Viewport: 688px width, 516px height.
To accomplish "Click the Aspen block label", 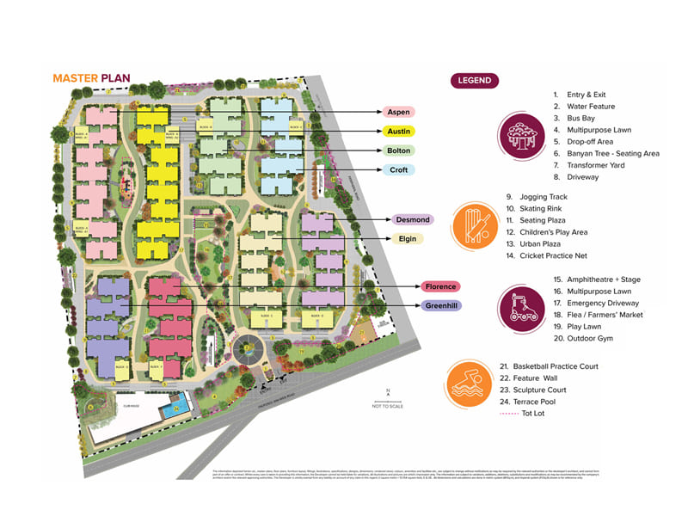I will (398, 112).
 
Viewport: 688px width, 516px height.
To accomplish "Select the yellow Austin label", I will (398, 132).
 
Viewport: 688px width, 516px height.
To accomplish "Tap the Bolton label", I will (398, 150).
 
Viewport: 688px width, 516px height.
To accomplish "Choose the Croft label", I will (398, 170).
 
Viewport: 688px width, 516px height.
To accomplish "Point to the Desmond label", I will (414, 220).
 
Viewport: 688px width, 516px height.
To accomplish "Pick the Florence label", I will (439, 286).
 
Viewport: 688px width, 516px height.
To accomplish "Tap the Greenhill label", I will (439, 305).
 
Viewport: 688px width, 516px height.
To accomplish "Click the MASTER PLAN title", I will (91, 78).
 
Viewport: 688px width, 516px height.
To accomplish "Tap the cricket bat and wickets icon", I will (475, 226).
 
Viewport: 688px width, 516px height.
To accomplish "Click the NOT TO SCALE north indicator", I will (388, 401).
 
